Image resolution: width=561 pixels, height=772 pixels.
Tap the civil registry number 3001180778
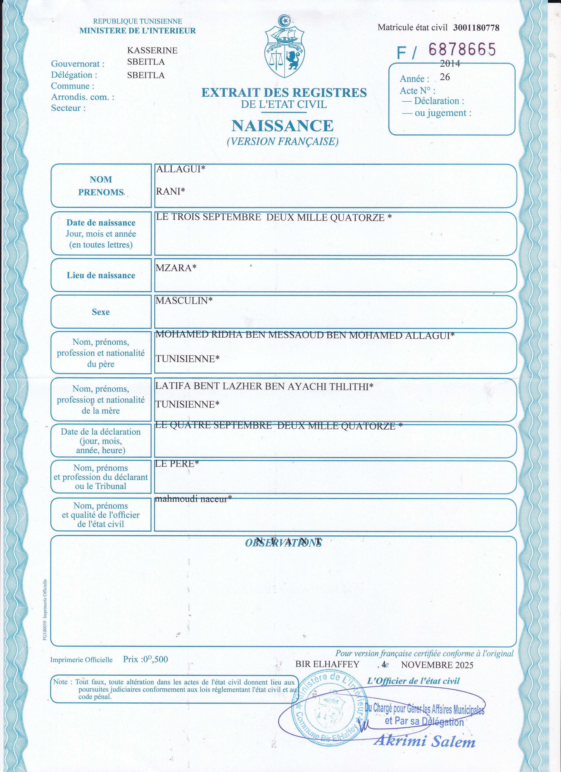(x=476, y=28)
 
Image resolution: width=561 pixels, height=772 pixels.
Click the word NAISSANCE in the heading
(x=282, y=126)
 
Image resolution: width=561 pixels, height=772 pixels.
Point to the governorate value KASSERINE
(x=152, y=50)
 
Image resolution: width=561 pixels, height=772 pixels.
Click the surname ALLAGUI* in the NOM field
(x=180, y=169)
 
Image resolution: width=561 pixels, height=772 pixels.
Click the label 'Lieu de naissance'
(x=101, y=275)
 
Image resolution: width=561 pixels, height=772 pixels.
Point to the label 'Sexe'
(x=101, y=312)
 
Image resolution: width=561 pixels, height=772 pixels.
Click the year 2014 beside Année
(x=450, y=64)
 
